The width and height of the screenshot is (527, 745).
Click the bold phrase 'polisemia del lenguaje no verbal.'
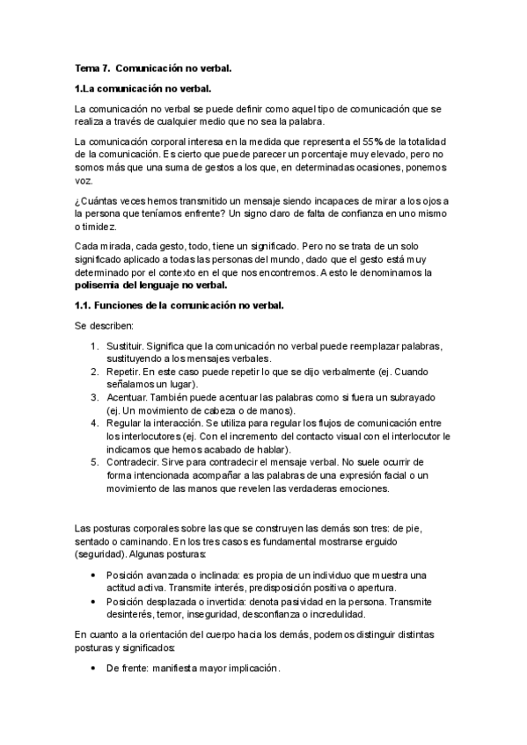click(x=151, y=285)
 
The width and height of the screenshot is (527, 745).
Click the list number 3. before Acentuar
click(x=94, y=397)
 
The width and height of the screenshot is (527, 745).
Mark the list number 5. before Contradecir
click(x=94, y=461)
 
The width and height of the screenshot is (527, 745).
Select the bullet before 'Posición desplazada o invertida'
click(x=94, y=604)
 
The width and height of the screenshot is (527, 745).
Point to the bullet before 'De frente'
click(x=94, y=669)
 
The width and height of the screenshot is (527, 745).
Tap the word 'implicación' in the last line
click(x=251, y=669)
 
